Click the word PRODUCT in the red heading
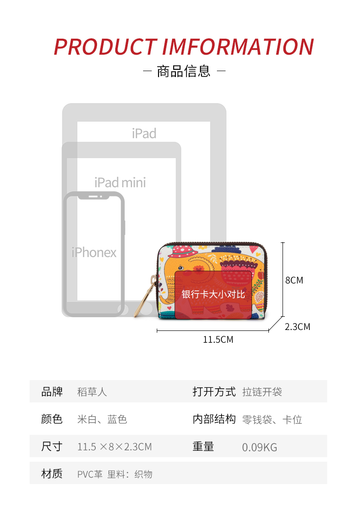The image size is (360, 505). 105,47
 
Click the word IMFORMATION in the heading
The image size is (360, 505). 238,47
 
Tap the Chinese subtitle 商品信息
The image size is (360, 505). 184,71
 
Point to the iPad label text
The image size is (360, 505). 144,134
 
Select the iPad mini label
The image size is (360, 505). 120,183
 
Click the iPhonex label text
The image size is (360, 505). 94,252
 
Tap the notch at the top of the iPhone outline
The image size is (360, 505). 94,196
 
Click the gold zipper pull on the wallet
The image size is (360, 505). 145,296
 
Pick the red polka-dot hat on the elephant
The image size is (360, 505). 182,251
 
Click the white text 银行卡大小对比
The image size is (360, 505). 213,294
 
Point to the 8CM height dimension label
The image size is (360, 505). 294,280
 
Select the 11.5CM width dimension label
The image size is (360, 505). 218,340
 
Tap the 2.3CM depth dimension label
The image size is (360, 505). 298,327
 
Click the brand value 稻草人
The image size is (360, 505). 92,392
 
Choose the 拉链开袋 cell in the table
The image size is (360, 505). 262,392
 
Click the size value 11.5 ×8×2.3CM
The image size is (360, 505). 114,447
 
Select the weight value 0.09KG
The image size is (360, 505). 260,448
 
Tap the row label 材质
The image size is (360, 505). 52,474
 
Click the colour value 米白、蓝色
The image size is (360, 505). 102,419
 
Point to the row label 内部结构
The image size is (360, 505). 214,419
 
